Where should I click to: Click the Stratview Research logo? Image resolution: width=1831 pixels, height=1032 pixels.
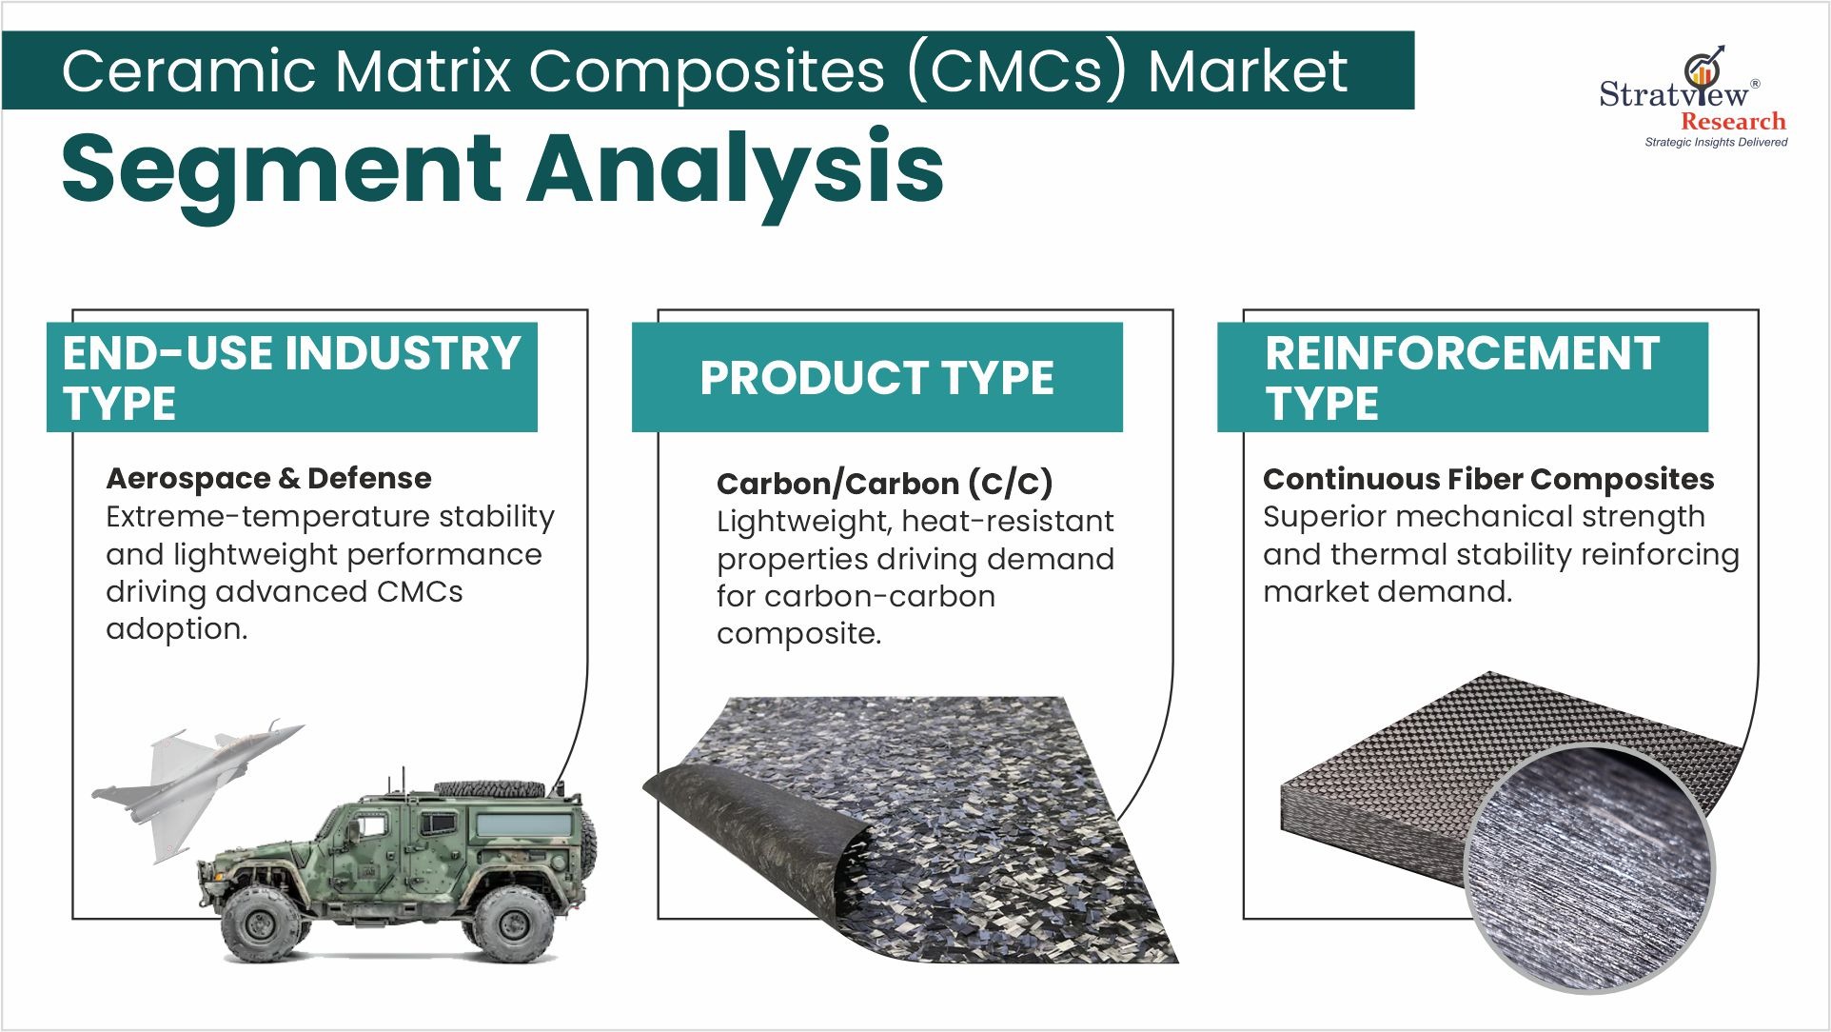pyautogui.click(x=1693, y=96)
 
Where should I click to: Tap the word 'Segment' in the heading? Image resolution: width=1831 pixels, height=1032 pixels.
pyautogui.click(x=282, y=170)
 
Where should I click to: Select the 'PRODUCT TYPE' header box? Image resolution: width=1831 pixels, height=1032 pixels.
pyautogui.click(x=876, y=377)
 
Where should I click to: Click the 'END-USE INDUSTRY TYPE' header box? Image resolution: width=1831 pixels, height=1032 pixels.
pyautogui.click(x=292, y=377)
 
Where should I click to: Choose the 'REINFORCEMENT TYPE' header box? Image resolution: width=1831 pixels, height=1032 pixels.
pyautogui.click(x=1463, y=377)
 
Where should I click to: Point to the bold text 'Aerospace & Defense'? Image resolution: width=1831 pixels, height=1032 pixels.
pyautogui.click(x=268, y=478)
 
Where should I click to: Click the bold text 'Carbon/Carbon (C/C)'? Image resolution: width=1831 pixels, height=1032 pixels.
pyautogui.click(x=884, y=484)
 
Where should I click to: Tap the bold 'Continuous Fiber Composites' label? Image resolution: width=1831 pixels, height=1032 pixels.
pyautogui.click(x=1488, y=479)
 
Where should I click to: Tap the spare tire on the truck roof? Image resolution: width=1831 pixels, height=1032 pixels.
pyautogui.click(x=489, y=789)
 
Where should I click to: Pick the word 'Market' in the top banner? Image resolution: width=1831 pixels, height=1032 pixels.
pyautogui.click(x=1248, y=71)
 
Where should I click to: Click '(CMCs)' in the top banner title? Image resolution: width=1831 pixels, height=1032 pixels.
pyautogui.click(x=1017, y=72)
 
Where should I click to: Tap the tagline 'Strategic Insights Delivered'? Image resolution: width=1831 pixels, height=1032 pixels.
pyautogui.click(x=1716, y=142)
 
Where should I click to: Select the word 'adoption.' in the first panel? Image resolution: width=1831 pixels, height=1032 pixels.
pyautogui.click(x=176, y=628)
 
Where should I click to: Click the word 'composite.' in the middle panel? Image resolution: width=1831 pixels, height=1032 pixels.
pyautogui.click(x=798, y=633)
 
